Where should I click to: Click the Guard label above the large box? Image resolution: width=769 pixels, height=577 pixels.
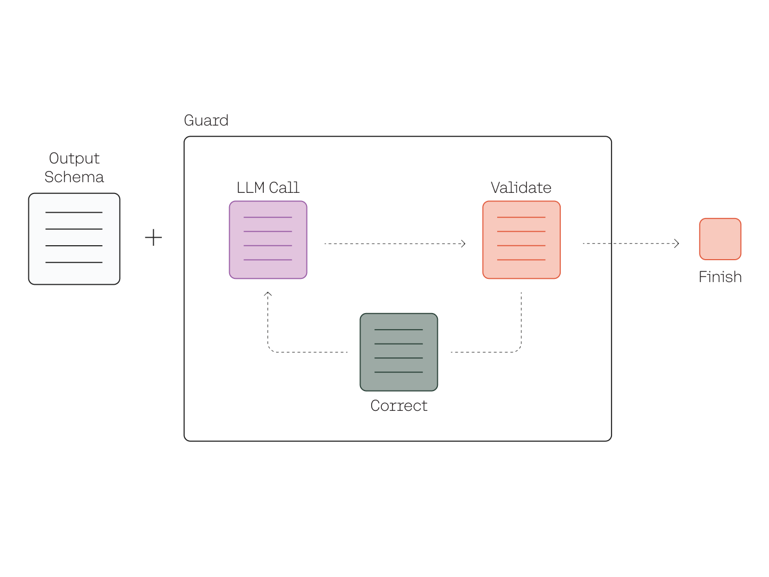206,120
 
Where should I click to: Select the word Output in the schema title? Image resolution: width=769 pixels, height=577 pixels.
74,158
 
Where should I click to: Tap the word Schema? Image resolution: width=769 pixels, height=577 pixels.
74,177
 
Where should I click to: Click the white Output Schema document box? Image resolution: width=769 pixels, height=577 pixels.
74,239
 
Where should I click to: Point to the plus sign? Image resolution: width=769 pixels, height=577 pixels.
153,238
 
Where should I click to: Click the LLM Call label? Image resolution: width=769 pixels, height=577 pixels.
268,188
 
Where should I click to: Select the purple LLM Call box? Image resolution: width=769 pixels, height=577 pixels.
268,240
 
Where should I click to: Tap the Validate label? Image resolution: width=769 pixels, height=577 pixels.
521,188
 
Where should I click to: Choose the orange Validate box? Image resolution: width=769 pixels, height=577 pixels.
521,240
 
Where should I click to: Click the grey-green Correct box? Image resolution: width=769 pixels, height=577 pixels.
399,352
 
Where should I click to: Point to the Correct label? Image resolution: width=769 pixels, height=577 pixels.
399,406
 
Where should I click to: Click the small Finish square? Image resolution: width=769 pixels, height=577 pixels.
720,239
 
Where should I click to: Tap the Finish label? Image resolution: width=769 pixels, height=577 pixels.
720,277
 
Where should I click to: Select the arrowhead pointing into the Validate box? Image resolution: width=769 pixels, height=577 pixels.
463,244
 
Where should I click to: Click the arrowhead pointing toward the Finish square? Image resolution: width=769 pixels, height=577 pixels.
677,244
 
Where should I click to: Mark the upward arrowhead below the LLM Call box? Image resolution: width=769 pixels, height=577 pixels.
268,294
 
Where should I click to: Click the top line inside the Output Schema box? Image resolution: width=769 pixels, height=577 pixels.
74,212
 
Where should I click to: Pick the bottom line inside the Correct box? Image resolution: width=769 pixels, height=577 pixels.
399,372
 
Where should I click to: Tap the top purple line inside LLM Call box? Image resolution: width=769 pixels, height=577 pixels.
268,217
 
